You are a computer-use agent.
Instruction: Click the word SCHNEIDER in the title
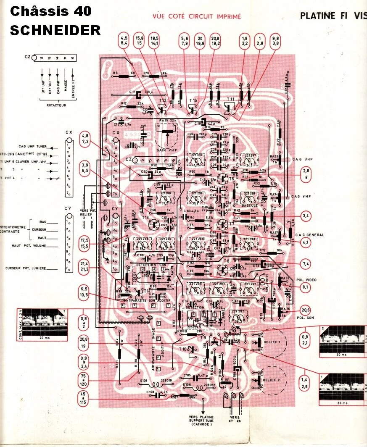[55, 30]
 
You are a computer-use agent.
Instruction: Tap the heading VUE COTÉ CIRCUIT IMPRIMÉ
[197, 17]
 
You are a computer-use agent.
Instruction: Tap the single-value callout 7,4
[306, 263]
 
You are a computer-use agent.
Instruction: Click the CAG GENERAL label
[309, 235]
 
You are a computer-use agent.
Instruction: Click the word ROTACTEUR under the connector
[55, 105]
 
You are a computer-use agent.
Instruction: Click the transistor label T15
[193, 100]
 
